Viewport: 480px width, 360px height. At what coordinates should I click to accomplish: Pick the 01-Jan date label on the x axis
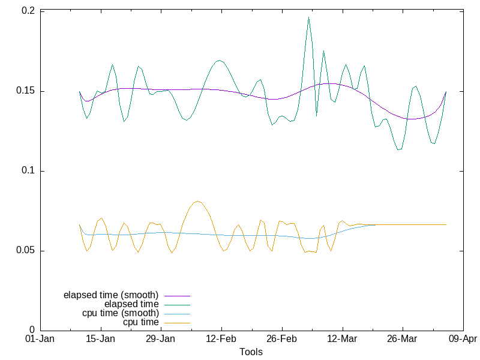point(40,340)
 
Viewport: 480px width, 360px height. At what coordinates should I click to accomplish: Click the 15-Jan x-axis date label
point(101,340)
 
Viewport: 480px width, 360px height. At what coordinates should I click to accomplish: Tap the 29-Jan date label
point(161,340)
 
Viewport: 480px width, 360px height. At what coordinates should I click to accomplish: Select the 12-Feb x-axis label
point(221,340)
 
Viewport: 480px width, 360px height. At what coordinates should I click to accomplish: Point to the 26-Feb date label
point(282,340)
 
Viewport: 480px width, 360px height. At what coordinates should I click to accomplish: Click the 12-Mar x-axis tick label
point(343,340)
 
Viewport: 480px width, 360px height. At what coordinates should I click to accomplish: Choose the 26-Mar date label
point(403,340)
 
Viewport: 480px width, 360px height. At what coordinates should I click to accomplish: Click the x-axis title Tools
point(251,352)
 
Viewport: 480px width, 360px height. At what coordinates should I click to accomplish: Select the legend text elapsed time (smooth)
point(111,295)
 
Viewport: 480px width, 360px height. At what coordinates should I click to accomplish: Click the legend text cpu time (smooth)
point(121,313)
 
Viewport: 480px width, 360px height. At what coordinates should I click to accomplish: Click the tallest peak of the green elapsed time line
point(308,17)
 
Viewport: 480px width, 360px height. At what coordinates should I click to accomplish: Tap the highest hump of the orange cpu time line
point(198,201)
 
